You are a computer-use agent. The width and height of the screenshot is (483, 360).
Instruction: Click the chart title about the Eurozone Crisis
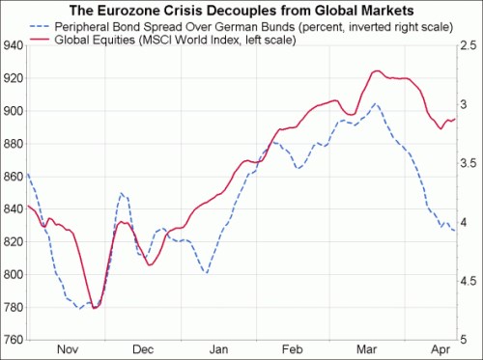(242, 10)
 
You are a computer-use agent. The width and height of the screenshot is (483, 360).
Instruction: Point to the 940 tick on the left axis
(14, 45)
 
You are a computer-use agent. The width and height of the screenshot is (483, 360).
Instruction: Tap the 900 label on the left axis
(14, 111)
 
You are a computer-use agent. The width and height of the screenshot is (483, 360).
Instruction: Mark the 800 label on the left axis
(14, 275)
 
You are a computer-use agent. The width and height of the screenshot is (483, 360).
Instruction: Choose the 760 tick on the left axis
(14, 340)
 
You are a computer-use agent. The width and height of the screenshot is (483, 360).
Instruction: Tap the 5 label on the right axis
(463, 340)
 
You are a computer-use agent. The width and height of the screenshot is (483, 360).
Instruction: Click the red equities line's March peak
(377, 70)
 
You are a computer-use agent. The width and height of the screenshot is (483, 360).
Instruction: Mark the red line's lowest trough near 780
(95, 307)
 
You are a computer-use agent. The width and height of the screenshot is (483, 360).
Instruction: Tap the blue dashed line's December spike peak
(123, 193)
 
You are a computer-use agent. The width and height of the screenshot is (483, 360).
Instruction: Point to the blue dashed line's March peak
(375, 103)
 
